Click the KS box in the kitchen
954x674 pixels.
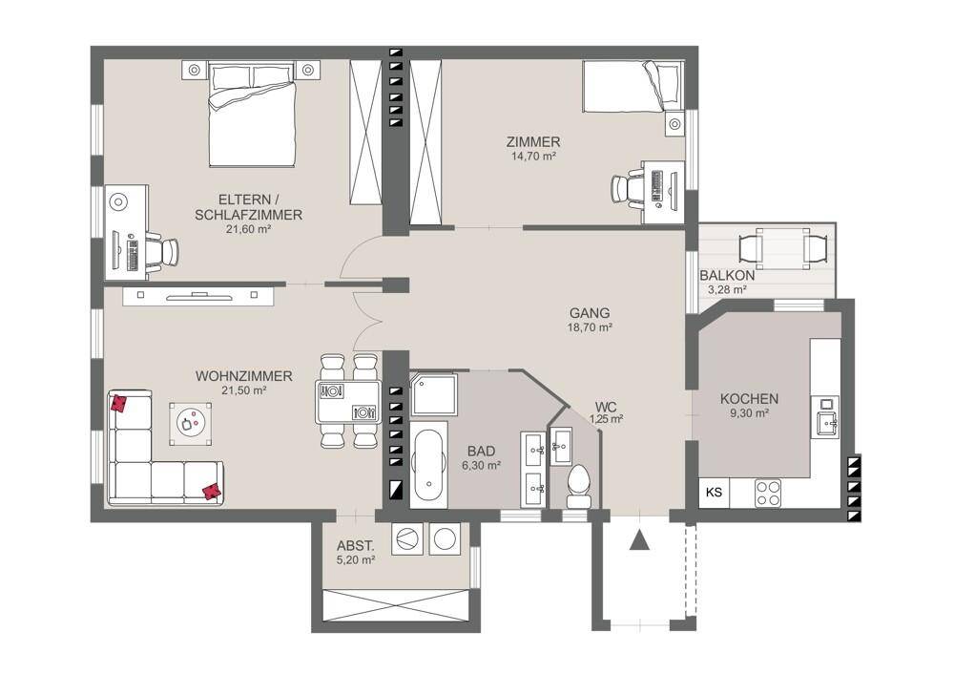[714, 492]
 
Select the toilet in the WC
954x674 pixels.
[578, 485]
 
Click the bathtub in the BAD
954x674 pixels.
[429, 465]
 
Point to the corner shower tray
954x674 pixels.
[433, 395]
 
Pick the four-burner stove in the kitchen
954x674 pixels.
[767, 493]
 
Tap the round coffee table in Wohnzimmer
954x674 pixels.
[191, 422]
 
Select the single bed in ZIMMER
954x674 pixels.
[633, 86]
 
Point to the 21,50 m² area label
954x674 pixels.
[244, 390]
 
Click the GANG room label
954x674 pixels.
[590, 313]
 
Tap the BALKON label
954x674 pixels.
[727, 275]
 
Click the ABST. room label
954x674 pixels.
[355, 545]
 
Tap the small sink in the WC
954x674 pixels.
[561, 446]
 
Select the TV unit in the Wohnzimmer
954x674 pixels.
[198, 296]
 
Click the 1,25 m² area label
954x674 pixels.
[606, 419]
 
